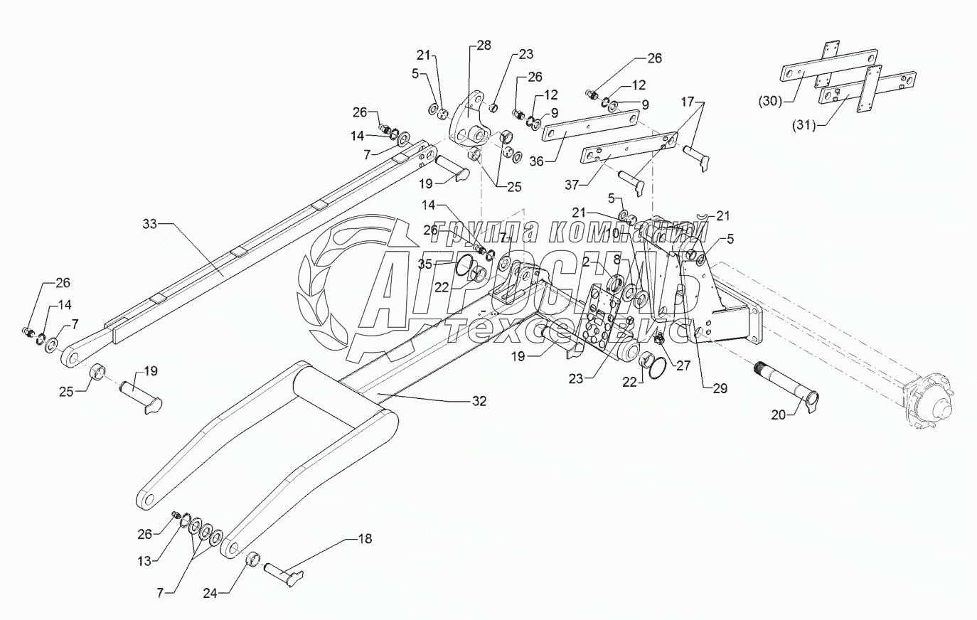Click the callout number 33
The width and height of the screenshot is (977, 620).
tap(150, 225)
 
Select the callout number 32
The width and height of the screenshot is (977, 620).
tap(479, 401)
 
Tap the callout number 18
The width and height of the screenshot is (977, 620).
tap(364, 539)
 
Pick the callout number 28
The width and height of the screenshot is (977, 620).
tap(484, 46)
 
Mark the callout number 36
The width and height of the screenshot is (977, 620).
tap(535, 161)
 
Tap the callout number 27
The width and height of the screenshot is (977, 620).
tap(683, 366)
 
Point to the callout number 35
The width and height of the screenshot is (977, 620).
tap(425, 264)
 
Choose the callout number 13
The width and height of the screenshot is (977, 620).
tap(144, 561)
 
